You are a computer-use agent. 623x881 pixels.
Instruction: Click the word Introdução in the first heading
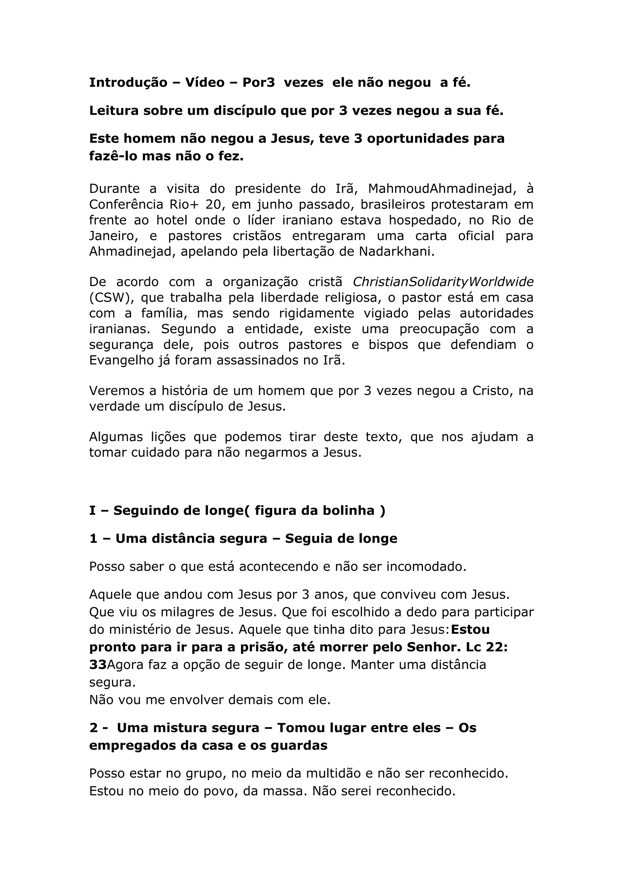click(x=128, y=82)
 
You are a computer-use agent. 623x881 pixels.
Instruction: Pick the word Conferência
click(x=126, y=204)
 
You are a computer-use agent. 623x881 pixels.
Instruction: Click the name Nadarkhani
click(x=396, y=252)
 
